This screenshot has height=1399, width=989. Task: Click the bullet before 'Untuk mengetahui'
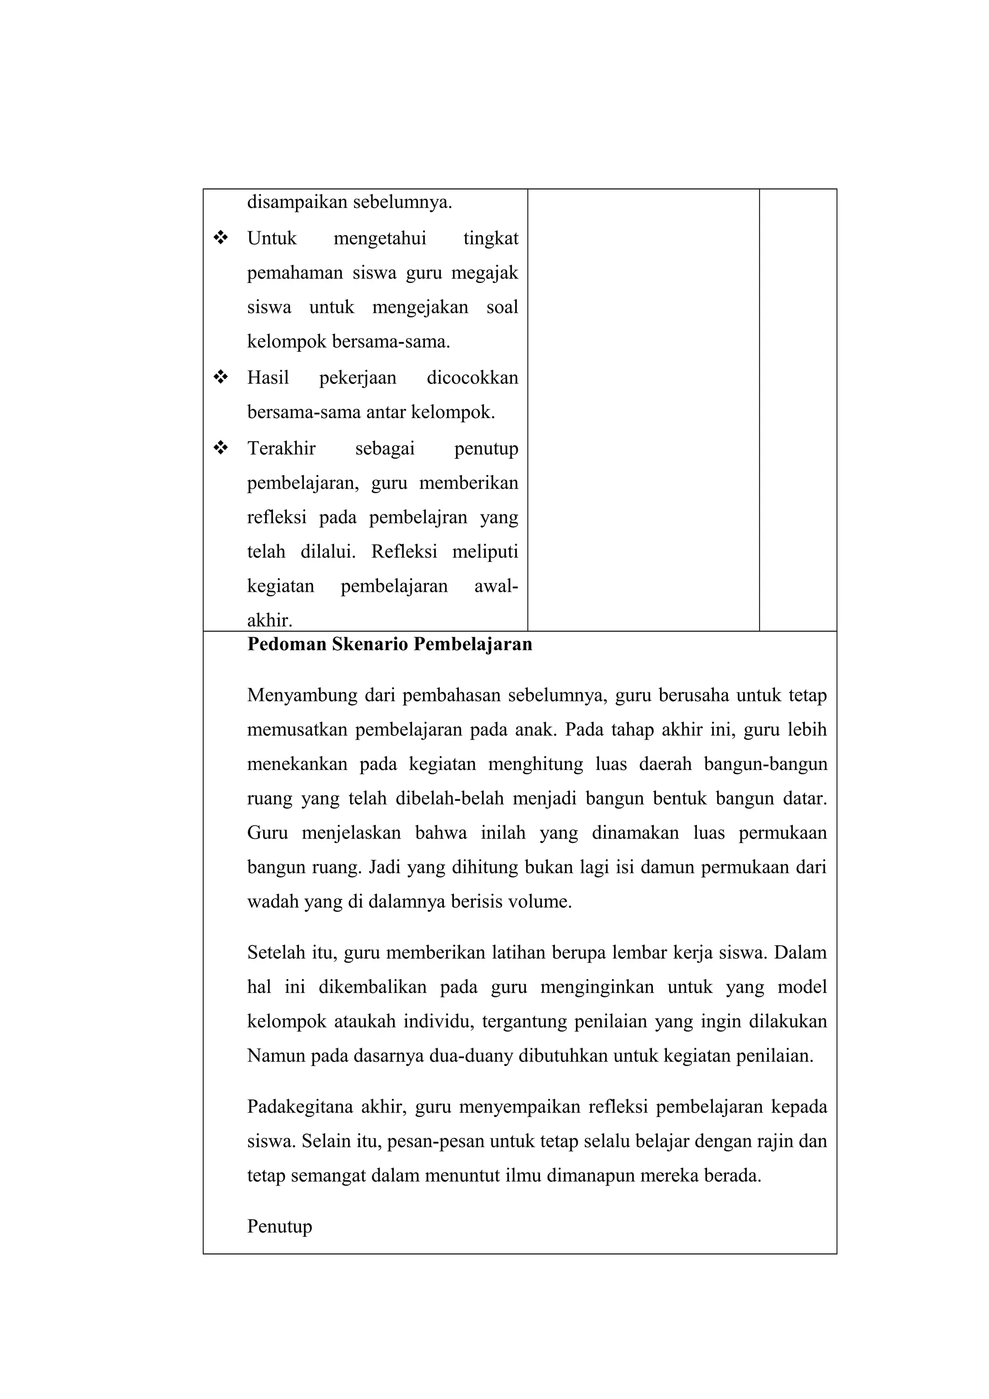point(221,238)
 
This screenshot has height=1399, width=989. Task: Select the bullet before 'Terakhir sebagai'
point(221,448)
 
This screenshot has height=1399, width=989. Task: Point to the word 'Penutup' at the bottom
point(279,1226)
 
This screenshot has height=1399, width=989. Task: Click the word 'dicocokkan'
point(472,378)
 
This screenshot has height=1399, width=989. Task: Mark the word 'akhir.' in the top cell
point(269,620)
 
